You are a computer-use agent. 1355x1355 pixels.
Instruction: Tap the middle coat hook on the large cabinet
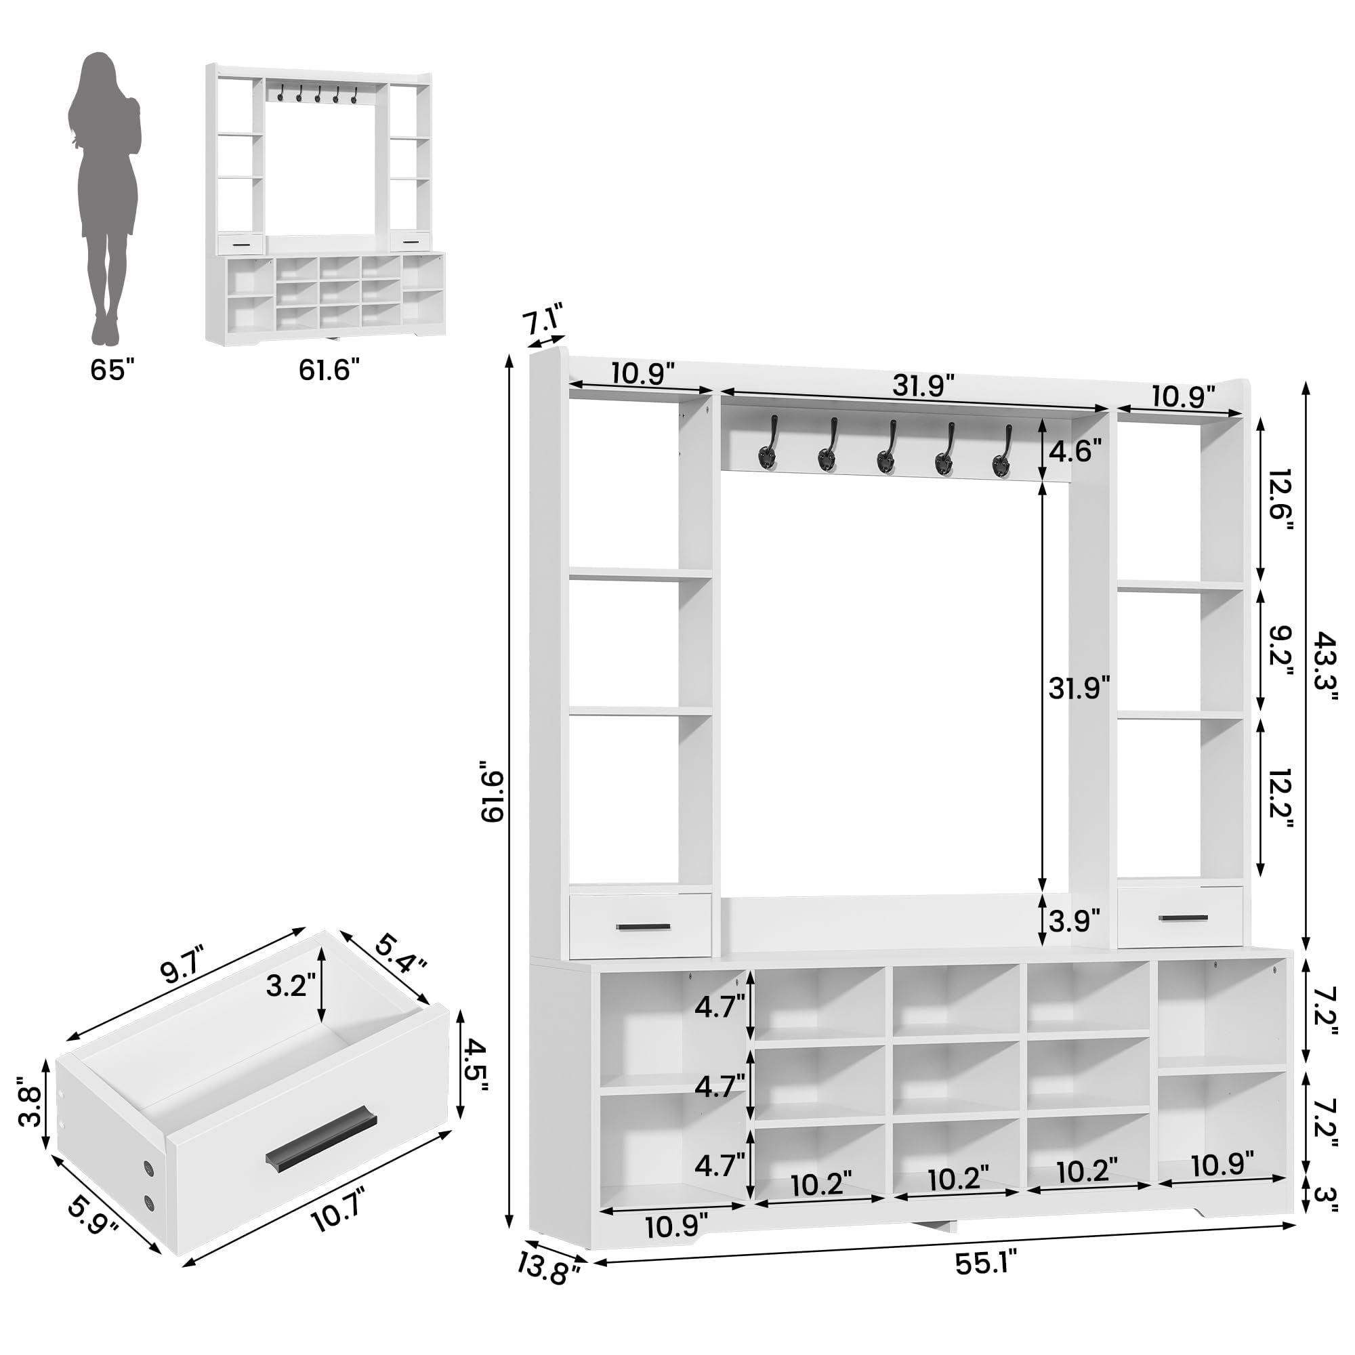tap(885, 446)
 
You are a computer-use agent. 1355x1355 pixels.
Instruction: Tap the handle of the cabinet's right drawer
tap(1184, 917)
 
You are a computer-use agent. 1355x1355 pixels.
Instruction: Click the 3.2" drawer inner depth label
tap(287, 986)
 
